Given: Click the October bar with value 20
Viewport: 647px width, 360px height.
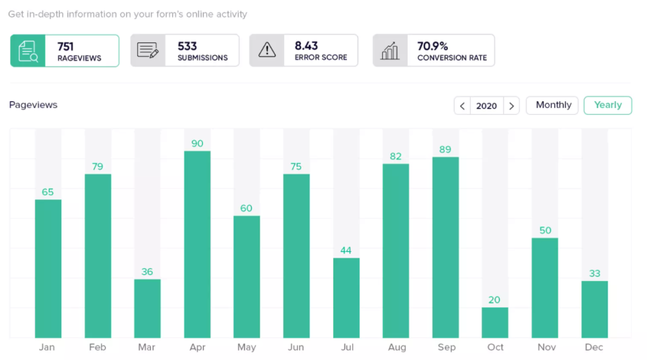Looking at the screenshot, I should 495,322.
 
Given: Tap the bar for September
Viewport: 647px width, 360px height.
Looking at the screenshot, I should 445,247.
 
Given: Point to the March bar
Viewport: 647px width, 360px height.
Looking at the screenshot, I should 147,308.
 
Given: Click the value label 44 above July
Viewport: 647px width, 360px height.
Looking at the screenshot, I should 346,250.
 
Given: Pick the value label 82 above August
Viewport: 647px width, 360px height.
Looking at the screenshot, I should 396,156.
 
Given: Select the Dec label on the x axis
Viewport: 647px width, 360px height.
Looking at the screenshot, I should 594,347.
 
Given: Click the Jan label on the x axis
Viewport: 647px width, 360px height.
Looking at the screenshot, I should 47,347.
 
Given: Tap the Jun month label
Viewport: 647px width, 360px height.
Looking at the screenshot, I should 296,347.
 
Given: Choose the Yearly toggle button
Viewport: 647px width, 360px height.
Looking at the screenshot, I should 608,105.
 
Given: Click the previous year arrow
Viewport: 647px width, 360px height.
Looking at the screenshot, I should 463,106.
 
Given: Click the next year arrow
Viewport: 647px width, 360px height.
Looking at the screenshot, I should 511,106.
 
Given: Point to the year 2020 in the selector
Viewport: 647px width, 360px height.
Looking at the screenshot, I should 487,106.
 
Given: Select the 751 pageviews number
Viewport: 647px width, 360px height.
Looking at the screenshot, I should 66,46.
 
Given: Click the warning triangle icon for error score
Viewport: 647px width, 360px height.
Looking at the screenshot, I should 267,51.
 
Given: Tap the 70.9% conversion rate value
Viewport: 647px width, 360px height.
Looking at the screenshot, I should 433,46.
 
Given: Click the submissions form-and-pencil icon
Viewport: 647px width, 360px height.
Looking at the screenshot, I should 148,51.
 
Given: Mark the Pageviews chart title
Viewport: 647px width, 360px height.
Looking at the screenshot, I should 33,105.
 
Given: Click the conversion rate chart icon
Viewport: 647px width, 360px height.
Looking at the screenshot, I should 390,51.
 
